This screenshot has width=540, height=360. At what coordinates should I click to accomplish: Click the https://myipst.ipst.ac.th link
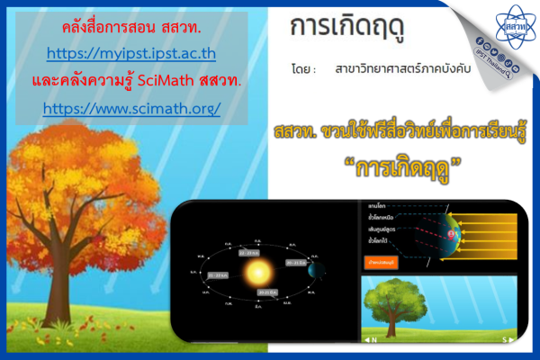[x=131, y=52]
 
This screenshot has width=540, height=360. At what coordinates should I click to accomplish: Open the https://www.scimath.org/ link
[x=131, y=107]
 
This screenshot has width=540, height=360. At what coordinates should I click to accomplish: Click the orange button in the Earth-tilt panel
[x=382, y=262]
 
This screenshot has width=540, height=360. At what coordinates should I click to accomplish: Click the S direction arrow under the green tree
[x=509, y=339]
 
